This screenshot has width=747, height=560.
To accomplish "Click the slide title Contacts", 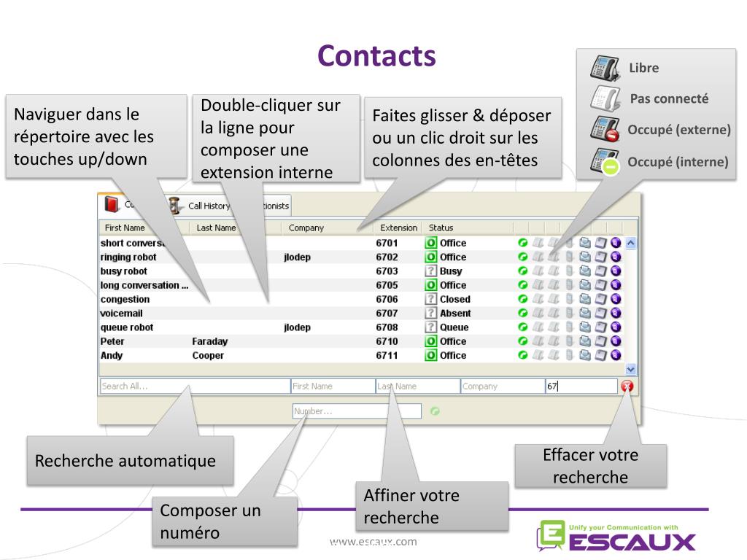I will click(x=376, y=56).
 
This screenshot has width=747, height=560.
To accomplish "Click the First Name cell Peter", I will click(x=112, y=341).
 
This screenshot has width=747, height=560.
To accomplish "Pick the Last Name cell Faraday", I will click(x=210, y=341).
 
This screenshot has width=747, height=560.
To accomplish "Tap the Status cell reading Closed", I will click(x=454, y=299).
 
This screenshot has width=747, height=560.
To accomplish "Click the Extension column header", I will click(x=398, y=228).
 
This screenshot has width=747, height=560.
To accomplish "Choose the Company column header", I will click(x=306, y=228).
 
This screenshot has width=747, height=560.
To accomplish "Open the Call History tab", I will click(x=208, y=206).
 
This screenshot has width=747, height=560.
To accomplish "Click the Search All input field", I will click(x=193, y=386).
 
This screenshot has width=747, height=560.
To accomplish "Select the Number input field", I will click(x=356, y=411).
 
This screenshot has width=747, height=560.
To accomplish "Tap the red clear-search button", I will click(x=627, y=386).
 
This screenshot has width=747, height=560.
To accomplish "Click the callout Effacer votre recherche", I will click(x=590, y=466).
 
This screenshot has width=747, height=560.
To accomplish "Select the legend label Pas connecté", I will click(x=669, y=98).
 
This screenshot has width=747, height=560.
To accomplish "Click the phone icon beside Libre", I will click(x=605, y=68).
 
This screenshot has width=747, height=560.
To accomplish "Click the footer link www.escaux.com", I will click(x=373, y=541).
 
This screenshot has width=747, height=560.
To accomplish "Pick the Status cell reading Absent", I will click(x=454, y=314).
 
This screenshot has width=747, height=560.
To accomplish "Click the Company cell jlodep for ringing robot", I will click(x=297, y=257).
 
